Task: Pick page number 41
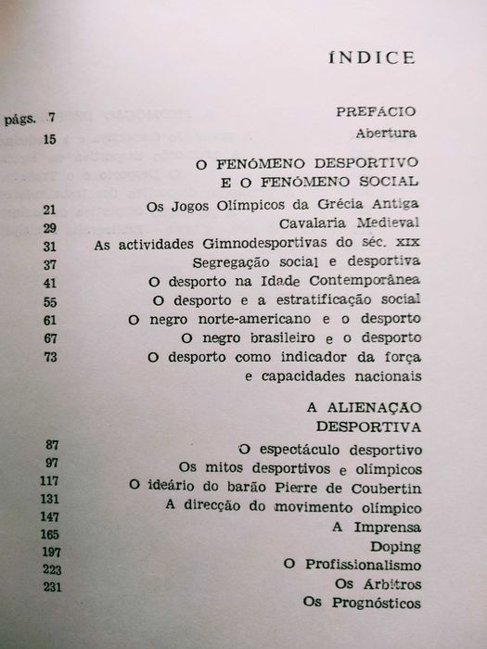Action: pyautogui.click(x=50, y=282)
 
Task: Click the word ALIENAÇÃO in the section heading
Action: pyautogui.click(x=371, y=408)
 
